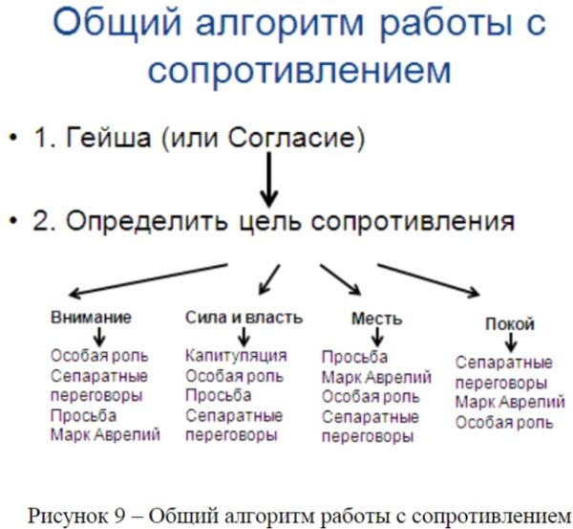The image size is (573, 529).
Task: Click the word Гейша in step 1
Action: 108,138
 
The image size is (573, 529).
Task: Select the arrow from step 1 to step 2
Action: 269,180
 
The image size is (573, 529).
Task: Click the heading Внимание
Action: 91,317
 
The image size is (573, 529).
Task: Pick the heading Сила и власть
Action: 244,318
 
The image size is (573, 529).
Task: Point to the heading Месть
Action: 377,319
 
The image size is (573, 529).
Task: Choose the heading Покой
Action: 510,324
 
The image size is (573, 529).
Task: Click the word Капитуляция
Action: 236,356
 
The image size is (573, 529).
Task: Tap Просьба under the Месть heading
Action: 354,357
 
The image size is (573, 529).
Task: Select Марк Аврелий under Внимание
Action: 106,435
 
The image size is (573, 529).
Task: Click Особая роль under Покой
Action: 504,423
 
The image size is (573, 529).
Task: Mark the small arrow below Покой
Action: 511,342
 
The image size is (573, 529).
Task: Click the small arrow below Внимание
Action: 99,336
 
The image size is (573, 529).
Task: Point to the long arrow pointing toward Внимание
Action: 148,279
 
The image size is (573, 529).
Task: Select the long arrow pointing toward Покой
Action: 429,279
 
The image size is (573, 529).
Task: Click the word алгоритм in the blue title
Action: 280,23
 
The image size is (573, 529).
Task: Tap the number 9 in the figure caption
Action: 120,517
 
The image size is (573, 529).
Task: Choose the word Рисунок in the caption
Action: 70,517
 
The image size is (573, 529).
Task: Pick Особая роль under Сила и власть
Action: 235,376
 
